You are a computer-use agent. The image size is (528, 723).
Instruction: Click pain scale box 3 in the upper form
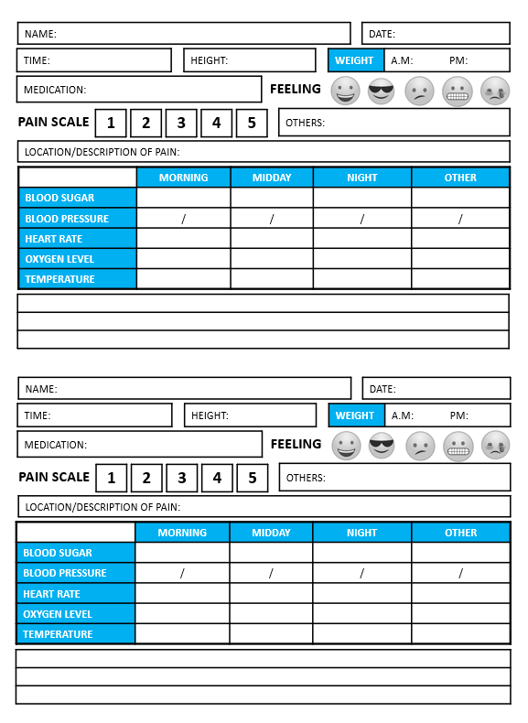(x=181, y=123)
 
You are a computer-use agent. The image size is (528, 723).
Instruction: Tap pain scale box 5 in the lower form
(x=252, y=478)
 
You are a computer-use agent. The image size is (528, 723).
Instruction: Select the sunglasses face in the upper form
(x=382, y=91)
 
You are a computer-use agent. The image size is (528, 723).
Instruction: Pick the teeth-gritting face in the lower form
(x=458, y=446)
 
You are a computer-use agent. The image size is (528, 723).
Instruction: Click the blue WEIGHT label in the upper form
(x=354, y=60)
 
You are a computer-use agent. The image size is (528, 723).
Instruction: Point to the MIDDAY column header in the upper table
(x=271, y=178)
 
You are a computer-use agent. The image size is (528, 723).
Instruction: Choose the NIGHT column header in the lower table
(x=361, y=533)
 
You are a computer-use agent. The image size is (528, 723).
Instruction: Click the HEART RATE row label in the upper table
(x=78, y=239)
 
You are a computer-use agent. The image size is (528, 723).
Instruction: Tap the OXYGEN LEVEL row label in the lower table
(x=76, y=614)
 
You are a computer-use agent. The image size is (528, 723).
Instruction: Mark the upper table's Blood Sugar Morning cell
(x=183, y=198)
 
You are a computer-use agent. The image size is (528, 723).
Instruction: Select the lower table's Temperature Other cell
(x=460, y=633)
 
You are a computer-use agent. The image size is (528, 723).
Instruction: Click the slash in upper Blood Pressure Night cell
(x=361, y=219)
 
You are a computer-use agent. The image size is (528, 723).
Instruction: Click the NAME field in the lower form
(x=184, y=388)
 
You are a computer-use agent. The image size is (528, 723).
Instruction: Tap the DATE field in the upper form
(x=436, y=34)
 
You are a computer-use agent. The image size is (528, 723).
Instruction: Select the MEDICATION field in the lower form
(x=139, y=445)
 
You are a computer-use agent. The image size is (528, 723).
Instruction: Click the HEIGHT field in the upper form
(x=249, y=60)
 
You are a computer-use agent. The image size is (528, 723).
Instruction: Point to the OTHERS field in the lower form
(x=394, y=477)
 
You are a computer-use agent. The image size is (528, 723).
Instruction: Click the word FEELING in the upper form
(x=295, y=89)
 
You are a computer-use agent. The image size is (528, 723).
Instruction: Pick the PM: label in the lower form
(x=459, y=415)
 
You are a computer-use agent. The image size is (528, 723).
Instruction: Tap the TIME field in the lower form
(x=94, y=415)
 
